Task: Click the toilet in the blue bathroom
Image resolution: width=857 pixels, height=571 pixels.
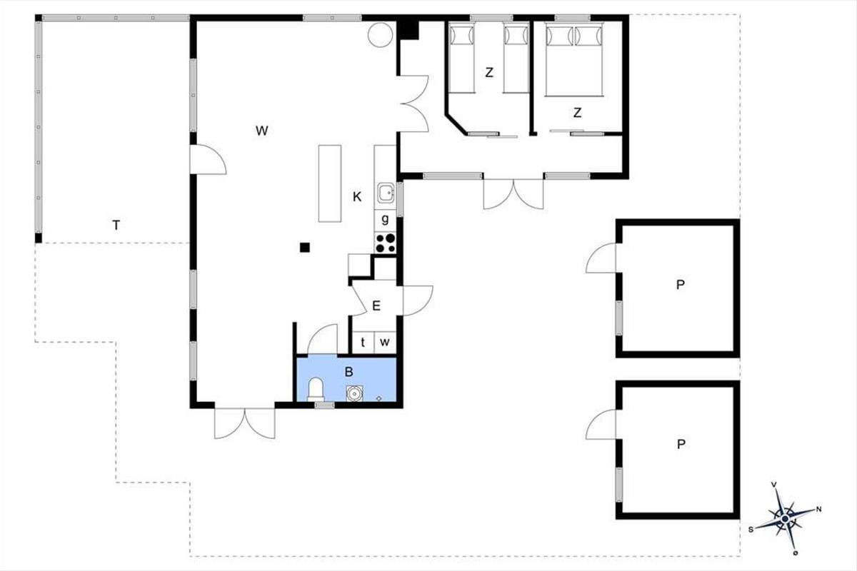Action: pos(316,389)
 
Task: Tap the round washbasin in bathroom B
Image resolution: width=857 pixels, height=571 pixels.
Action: pos(354,393)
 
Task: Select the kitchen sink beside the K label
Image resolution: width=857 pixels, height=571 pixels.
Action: pos(386,193)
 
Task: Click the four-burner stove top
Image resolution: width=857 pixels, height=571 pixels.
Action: pos(385,243)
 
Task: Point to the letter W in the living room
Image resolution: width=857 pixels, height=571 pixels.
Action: pos(261,131)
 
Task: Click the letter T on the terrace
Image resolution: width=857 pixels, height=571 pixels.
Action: pos(116,226)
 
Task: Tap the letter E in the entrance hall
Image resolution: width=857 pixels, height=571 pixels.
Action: pos(376,305)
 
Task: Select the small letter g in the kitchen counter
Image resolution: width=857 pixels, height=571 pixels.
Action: pos(385,219)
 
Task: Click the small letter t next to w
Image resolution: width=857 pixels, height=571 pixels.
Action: pos(363,342)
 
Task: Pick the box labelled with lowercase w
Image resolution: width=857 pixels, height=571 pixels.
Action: pos(385,342)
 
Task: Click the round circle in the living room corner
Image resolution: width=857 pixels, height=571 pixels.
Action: pos(380,35)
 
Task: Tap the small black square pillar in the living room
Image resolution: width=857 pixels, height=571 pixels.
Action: pos(304,248)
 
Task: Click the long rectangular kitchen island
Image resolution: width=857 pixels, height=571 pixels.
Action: pos(330,183)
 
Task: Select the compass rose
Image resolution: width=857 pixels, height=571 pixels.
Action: pos(785,519)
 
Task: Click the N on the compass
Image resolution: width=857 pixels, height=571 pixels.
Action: pos(818,509)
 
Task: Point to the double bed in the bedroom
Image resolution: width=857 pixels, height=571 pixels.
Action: pos(574,59)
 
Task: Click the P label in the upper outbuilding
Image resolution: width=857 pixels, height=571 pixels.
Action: pos(680,285)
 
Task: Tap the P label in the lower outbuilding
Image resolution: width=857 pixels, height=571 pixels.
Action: pos(681,444)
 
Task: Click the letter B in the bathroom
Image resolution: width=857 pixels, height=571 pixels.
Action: pos(349,371)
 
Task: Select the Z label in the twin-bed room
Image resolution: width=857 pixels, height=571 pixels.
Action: pos(489,72)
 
